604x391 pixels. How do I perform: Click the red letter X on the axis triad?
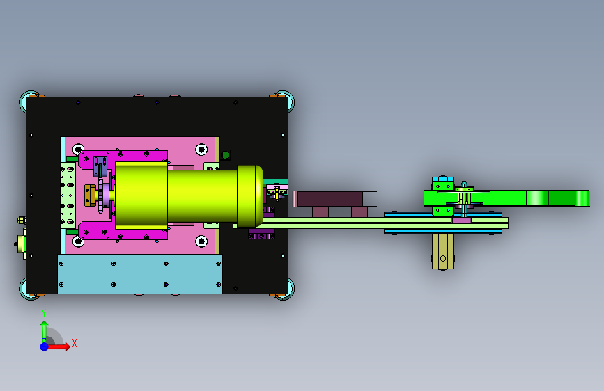(75, 343)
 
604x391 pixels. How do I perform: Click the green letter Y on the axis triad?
(44, 313)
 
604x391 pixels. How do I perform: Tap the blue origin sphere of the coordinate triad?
(45, 346)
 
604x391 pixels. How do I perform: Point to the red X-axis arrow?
(59, 346)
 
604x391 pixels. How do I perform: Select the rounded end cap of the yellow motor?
(250, 196)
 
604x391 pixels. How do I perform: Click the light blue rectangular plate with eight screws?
(140, 273)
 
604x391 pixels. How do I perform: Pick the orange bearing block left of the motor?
(90, 195)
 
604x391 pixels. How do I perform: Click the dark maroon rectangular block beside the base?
(330, 199)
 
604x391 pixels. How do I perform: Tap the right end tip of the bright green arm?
(589, 198)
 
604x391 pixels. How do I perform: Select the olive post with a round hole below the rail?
(442, 252)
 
